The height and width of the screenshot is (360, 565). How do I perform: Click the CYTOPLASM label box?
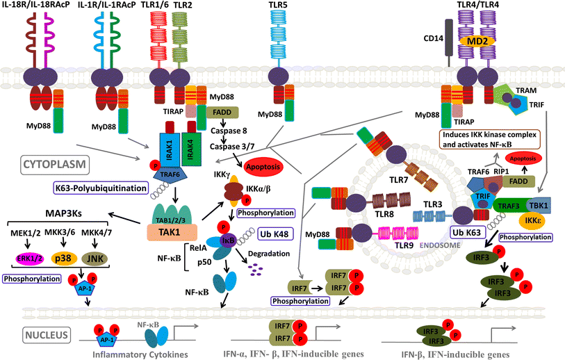pyautogui.click(x=41, y=166)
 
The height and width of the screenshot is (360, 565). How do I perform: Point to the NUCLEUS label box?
pyautogui.click(x=44, y=336)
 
